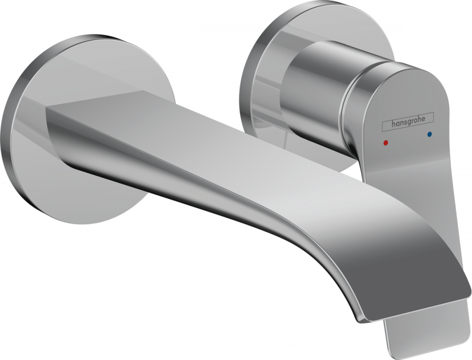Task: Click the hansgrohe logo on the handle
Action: [x=406, y=124]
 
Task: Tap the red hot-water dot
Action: [x=386, y=141]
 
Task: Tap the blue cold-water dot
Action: [x=429, y=135]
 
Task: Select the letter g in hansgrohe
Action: [x=409, y=124]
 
